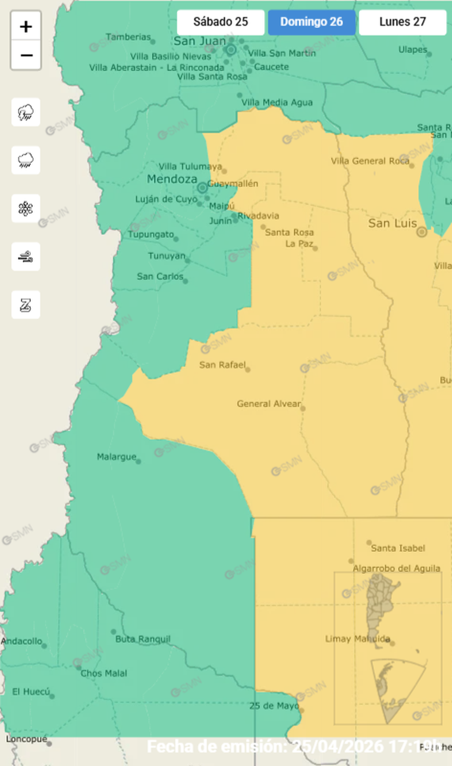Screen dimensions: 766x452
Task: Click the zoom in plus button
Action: pyautogui.click(x=26, y=27)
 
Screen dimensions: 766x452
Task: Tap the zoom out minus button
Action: pyautogui.click(x=26, y=56)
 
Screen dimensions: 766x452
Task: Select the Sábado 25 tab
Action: pyautogui.click(x=221, y=23)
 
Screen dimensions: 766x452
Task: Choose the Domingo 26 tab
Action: pyautogui.click(x=312, y=23)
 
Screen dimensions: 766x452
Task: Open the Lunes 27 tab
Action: pyautogui.click(x=403, y=23)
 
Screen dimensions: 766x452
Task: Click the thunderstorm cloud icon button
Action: pyautogui.click(x=26, y=112)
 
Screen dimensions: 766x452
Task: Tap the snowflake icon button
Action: pyautogui.click(x=26, y=208)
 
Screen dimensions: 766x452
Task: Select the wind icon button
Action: pyautogui.click(x=26, y=256)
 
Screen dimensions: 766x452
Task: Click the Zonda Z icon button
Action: pyautogui.click(x=26, y=304)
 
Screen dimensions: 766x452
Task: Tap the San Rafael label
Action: pyautogui.click(x=222, y=365)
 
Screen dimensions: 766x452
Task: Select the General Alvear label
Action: pyautogui.click(x=268, y=404)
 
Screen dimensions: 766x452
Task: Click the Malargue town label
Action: pyautogui.click(x=116, y=457)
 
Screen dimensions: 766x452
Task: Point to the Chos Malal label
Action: pyautogui.click(x=103, y=673)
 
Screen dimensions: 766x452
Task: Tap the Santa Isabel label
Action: pyautogui.click(x=398, y=548)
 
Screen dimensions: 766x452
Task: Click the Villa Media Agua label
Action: pyautogui.click(x=277, y=102)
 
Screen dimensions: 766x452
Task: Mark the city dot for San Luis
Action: pyautogui.click(x=422, y=232)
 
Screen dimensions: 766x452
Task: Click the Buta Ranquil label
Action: pyautogui.click(x=143, y=639)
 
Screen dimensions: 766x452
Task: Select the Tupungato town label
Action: pyautogui.click(x=151, y=234)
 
